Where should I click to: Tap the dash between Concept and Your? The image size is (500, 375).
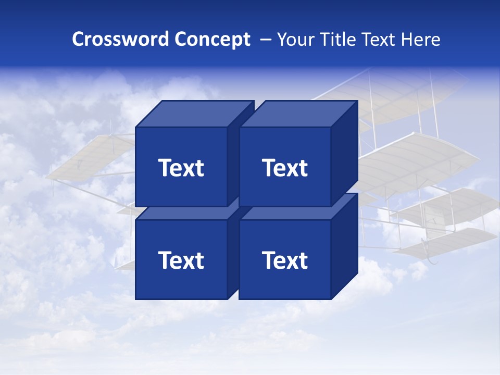(x=265, y=40)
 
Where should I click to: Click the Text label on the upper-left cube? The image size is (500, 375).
(x=181, y=168)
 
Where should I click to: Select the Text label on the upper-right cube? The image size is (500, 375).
(x=285, y=168)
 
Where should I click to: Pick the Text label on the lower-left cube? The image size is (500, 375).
(x=181, y=260)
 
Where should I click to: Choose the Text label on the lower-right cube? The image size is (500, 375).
(x=285, y=260)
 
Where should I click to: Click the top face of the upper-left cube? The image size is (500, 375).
(x=194, y=114)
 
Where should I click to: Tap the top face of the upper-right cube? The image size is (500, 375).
(x=298, y=114)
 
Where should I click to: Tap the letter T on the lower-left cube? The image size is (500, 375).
(x=165, y=260)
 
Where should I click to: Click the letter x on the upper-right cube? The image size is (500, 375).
(x=292, y=169)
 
